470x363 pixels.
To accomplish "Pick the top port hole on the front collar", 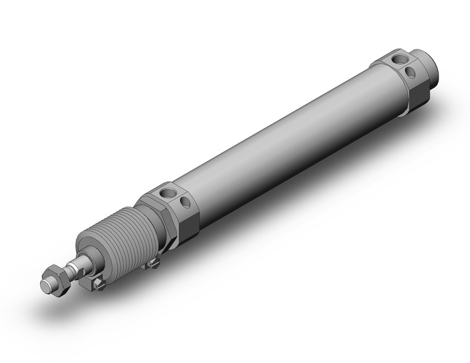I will coord(168,194).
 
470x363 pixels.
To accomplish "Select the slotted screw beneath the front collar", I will coord(155,264).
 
